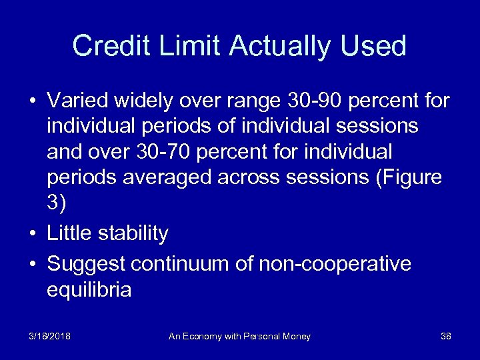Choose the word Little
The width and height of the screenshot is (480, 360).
pyautogui.click(x=69, y=233)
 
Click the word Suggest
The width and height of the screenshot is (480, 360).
pyautogui.click(x=86, y=264)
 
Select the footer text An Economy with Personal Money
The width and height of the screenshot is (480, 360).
pyautogui.click(x=239, y=337)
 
